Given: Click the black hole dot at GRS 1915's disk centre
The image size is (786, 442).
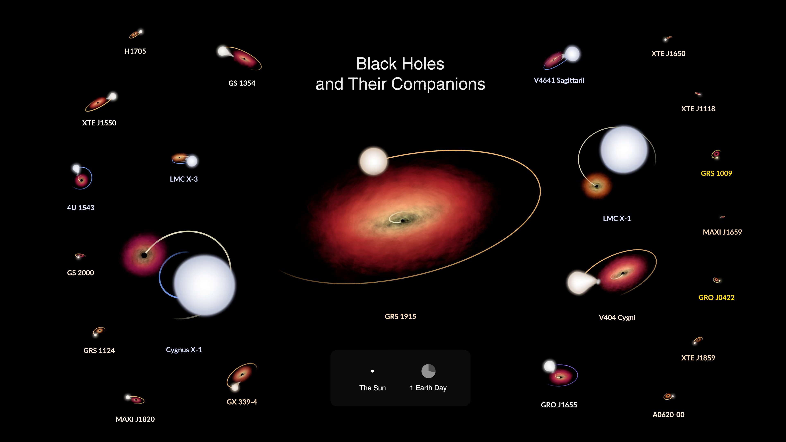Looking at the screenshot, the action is coord(402,221).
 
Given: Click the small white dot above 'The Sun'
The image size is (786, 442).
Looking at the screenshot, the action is coord(372,371).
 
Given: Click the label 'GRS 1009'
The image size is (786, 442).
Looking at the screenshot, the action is coord(716,173).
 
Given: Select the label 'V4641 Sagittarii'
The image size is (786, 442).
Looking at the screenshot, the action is coord(559,80).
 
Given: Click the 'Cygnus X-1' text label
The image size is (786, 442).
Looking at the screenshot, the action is coord(184,350).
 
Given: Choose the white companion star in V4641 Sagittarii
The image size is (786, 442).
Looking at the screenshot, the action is coord(572,54).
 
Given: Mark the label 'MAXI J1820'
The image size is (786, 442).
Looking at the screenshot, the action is coord(135,419).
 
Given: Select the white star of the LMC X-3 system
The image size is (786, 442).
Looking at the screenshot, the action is coord(192,161).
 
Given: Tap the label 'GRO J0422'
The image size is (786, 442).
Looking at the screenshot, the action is coord(716,297).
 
